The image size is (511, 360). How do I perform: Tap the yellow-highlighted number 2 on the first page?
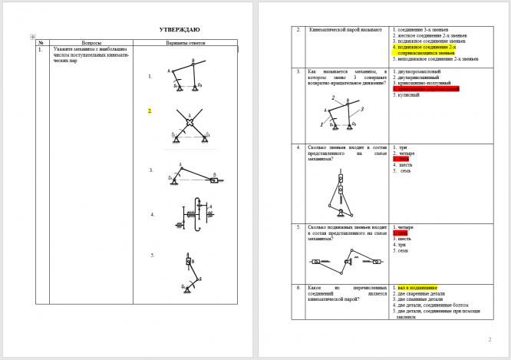click(150, 111)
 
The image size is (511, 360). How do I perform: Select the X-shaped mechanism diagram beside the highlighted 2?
click(190, 127)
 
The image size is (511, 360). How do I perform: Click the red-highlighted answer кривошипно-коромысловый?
click(426, 89)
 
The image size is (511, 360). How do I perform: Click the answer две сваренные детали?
click(418, 293)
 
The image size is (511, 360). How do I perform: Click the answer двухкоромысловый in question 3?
click(419, 71)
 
